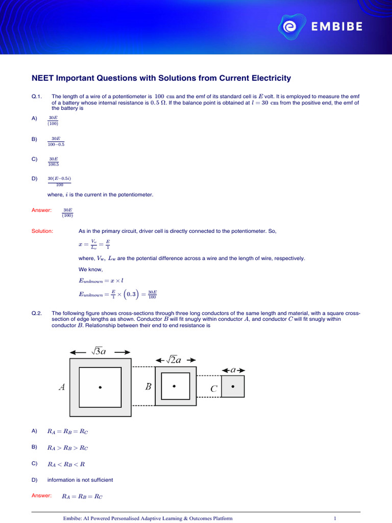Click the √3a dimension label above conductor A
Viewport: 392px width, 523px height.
coord(100,351)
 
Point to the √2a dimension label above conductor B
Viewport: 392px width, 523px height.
coord(175,360)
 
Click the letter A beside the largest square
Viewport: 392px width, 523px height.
coord(62,387)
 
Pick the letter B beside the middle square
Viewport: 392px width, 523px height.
coord(148,387)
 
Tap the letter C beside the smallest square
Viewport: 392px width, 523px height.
coord(214,389)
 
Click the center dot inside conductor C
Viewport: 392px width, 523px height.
coord(233,386)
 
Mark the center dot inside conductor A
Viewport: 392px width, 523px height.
coord(100,387)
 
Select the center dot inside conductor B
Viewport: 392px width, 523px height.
coord(175,386)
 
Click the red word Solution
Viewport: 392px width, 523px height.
coord(42,231)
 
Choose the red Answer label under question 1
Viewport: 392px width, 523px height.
coord(41,210)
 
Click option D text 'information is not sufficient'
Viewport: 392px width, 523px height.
coord(80,480)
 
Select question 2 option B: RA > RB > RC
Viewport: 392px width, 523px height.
coord(67,448)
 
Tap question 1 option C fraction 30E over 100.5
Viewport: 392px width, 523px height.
coord(54,161)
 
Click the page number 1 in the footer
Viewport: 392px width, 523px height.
coord(334,518)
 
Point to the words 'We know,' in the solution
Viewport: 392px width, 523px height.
coord(90,269)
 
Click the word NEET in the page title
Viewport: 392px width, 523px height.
coord(43,78)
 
